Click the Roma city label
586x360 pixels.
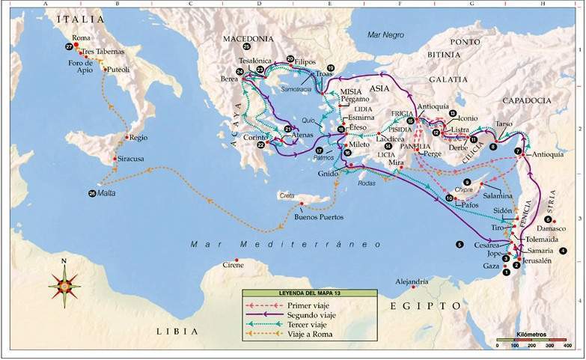[81, 37]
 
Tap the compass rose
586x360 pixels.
[64, 284]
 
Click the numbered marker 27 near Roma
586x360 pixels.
[70, 46]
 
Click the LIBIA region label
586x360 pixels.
[177, 331]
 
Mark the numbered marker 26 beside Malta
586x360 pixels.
[92, 193]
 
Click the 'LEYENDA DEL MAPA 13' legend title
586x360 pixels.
[296, 294]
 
